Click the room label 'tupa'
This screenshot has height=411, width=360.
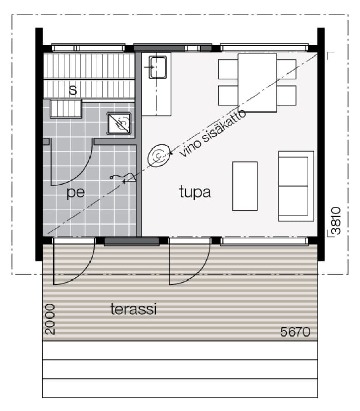tap(195, 192)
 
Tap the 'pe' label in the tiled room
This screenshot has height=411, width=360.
tap(76, 193)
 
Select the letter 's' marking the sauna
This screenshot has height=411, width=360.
tap(73, 90)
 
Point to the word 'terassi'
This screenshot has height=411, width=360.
tap(134, 309)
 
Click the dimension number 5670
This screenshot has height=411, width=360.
tap(295, 332)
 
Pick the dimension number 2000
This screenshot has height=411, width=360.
tap(50, 319)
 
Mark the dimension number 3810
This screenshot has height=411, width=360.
tap(336, 220)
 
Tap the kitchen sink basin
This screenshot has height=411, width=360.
tap(157, 67)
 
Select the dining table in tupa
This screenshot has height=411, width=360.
tap(257, 83)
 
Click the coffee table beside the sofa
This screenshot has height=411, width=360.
tap(245, 186)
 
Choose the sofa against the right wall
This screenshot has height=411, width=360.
tap(296, 186)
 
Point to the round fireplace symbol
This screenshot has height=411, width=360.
tap(159, 156)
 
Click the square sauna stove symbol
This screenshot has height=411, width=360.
tap(119, 123)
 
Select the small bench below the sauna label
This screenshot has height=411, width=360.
tap(66, 109)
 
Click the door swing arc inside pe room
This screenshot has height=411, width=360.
tap(78, 174)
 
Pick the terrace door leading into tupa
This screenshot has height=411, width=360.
tap(189, 261)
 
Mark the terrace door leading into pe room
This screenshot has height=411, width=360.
tap(74, 261)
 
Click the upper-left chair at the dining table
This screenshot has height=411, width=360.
tap(228, 69)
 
